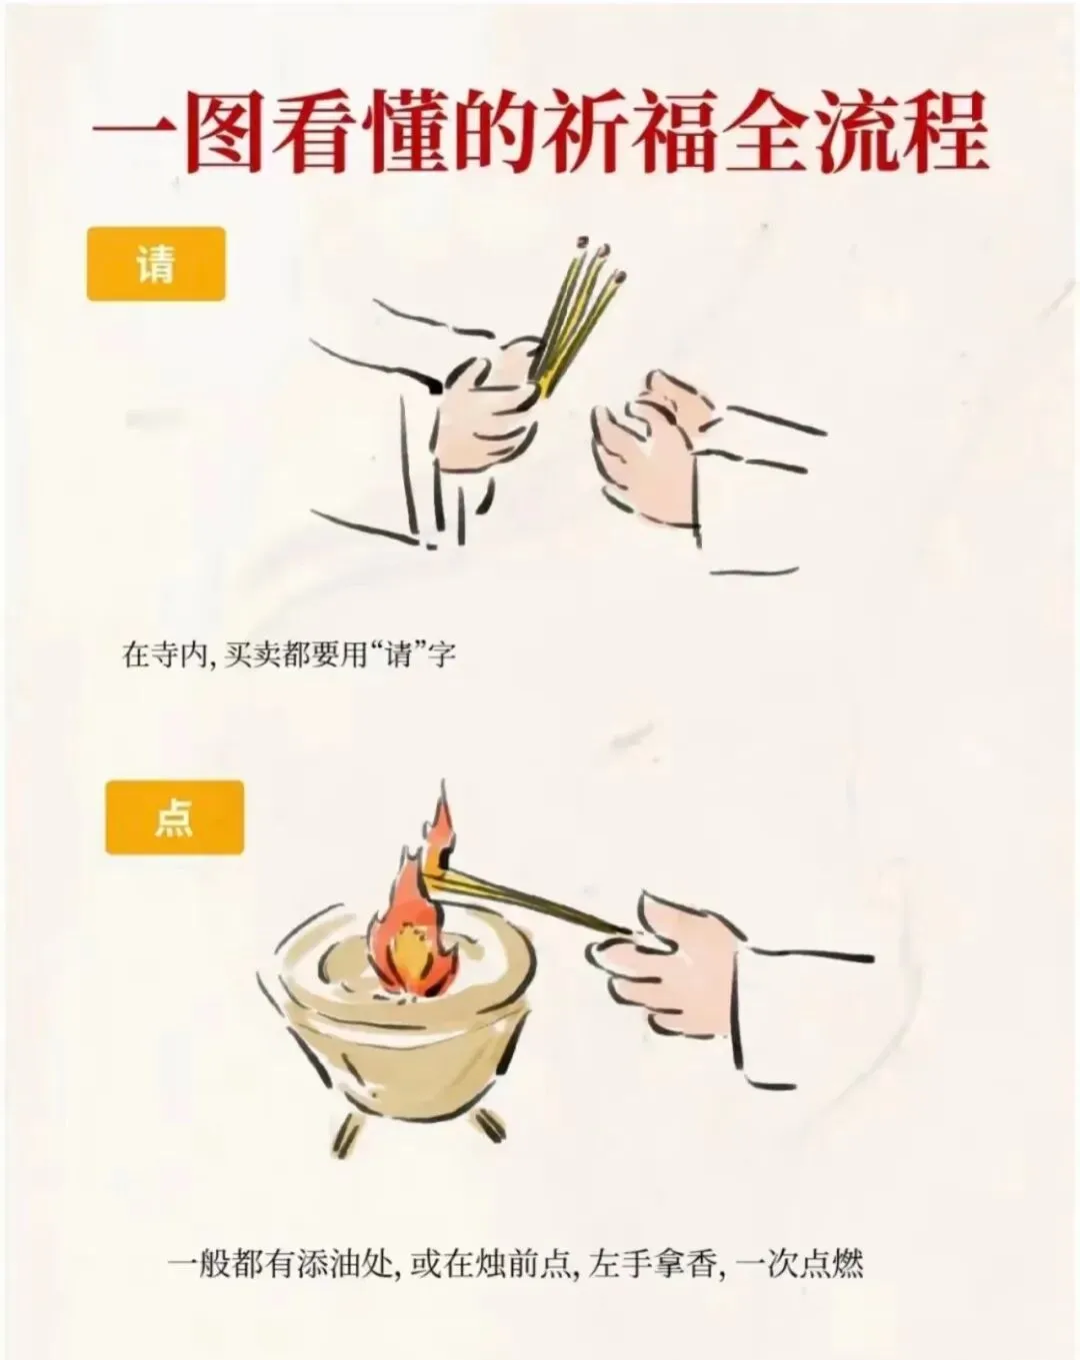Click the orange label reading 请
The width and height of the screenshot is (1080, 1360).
point(156,264)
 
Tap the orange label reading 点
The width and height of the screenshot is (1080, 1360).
point(175,817)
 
